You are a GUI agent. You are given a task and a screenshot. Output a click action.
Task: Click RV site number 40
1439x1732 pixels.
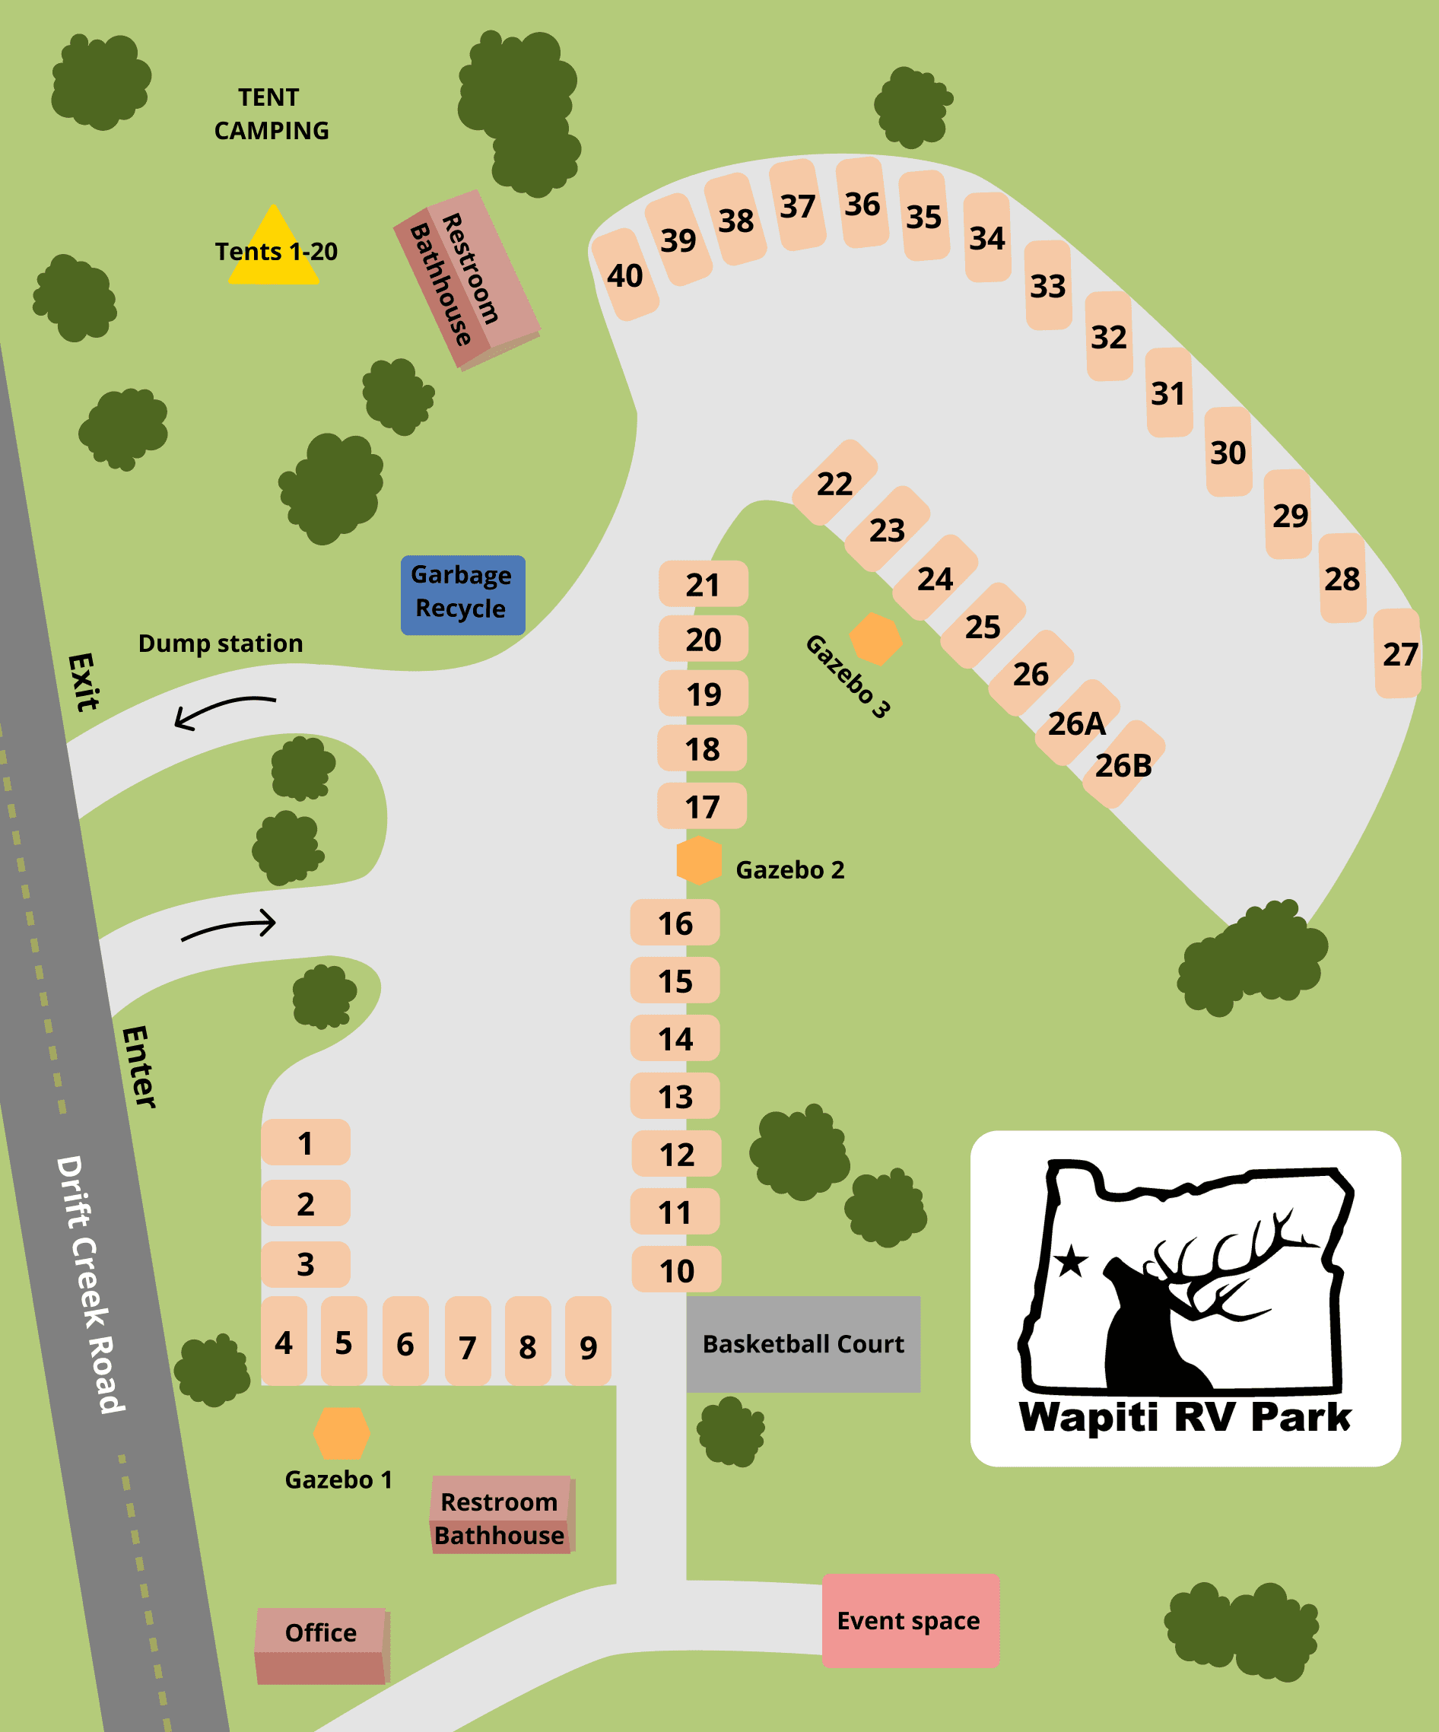[625, 275]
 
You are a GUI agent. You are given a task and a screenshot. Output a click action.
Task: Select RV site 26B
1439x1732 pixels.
[1123, 764]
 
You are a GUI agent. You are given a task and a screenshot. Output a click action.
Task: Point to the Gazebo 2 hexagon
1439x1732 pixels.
[699, 860]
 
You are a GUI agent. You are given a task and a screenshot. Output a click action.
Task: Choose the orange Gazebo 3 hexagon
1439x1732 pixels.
[875, 638]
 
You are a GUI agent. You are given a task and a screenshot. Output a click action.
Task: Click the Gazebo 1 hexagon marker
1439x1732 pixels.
[341, 1432]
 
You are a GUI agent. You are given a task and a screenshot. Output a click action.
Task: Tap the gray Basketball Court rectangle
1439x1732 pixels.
[803, 1343]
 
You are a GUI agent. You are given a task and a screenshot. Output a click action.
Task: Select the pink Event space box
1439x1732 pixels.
[910, 1621]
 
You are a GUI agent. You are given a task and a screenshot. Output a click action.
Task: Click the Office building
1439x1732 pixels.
[322, 1645]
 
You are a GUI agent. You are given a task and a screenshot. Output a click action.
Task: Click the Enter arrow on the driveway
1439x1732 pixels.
[229, 926]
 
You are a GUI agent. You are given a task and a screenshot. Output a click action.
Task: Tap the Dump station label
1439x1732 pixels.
[220, 644]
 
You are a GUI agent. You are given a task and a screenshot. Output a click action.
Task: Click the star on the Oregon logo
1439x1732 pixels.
[1071, 1261]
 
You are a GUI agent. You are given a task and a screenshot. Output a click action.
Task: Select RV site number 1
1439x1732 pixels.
[305, 1142]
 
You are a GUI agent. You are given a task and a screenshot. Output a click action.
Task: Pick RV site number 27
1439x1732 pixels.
[1399, 654]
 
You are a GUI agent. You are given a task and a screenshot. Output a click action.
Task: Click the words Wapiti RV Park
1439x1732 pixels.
[1185, 1417]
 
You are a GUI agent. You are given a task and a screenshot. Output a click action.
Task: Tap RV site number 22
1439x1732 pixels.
[834, 483]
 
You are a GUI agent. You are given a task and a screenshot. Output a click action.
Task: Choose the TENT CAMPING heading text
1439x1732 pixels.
[271, 114]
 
